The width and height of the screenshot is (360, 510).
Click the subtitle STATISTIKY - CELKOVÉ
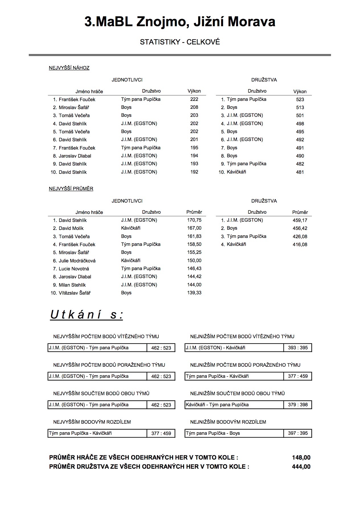[180, 42]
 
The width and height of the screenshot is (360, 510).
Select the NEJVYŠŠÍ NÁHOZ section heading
[69, 68]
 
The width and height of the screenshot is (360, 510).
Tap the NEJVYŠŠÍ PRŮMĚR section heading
[71, 189]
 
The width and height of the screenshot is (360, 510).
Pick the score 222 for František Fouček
[194, 99]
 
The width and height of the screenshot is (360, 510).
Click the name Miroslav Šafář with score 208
[74, 107]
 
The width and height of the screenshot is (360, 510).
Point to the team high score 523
[300, 99]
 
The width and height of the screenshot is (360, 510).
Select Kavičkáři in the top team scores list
[236, 172]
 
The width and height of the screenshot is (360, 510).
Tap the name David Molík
[71, 228]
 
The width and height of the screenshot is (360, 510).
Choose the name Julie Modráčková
[77, 261]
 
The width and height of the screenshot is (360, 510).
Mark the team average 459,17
[300, 220]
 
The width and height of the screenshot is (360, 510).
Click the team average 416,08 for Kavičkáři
[300, 244]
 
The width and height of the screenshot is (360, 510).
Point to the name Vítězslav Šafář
[75, 293]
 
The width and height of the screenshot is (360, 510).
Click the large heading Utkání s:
[87, 315]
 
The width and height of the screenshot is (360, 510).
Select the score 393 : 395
[298, 348]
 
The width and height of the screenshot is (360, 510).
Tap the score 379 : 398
[298, 405]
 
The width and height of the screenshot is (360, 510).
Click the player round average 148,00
[301, 458]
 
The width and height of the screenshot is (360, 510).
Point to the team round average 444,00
[301, 467]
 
